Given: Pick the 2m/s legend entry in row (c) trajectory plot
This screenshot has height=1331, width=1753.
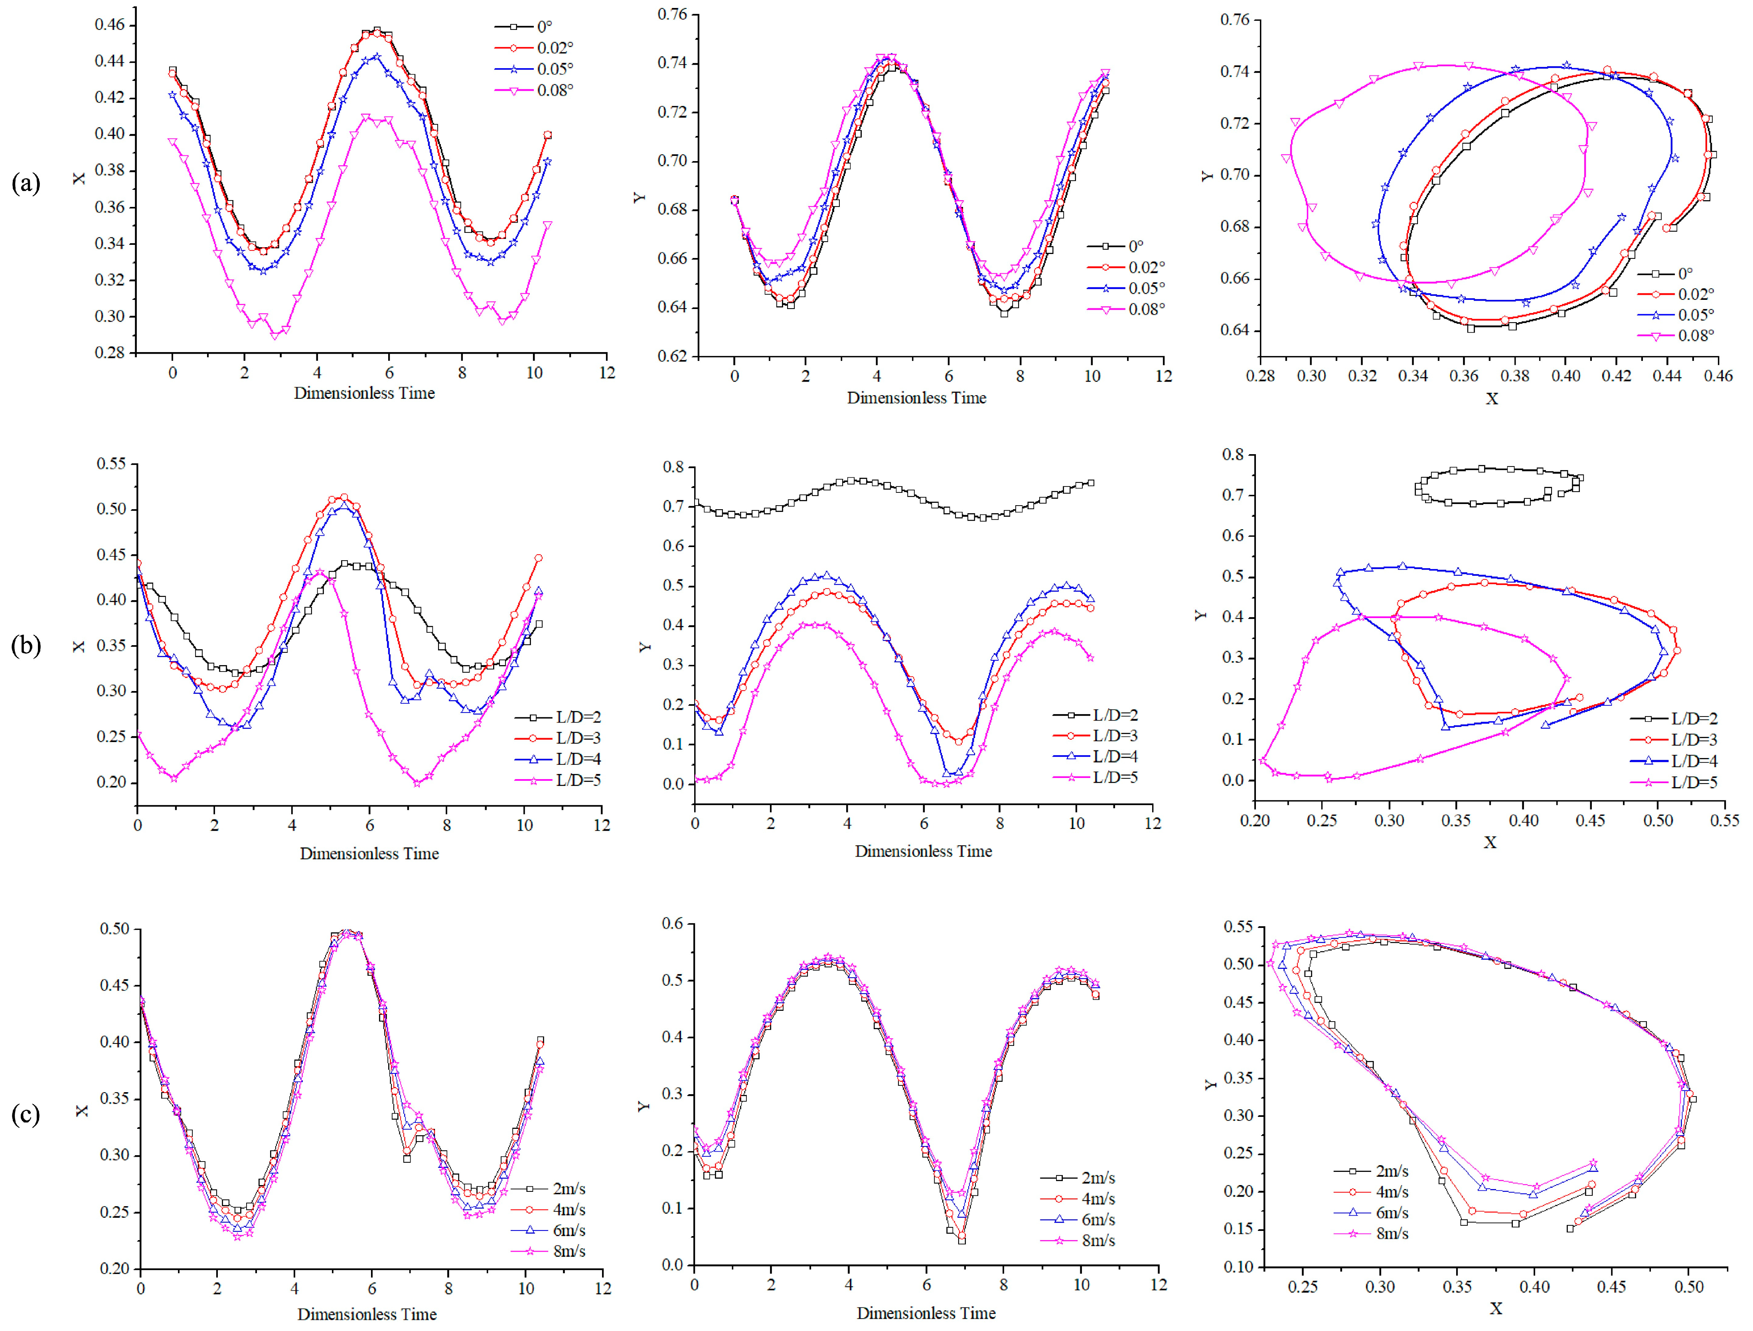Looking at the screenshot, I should pos(1392,1171).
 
